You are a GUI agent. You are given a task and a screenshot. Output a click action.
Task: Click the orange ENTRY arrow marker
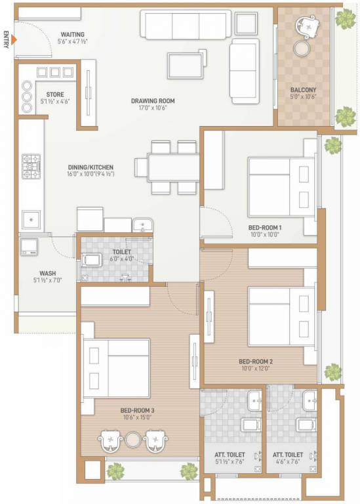pos(13,41)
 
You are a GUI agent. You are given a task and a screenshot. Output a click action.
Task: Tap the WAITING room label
pos(72,34)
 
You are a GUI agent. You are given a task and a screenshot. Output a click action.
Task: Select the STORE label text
pos(55,94)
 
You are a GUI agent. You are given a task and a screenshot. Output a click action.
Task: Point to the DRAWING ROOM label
pos(152,100)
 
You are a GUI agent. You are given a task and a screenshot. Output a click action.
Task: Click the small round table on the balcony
pos(302,49)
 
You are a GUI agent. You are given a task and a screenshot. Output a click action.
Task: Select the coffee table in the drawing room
pos(186,66)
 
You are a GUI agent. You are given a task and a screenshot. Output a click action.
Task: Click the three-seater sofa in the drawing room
pos(185,24)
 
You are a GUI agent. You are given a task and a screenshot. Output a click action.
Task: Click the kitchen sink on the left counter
pos(30,219)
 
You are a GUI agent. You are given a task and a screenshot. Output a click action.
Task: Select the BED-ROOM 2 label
pos(255,361)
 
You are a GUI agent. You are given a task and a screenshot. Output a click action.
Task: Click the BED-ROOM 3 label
pos(138,410)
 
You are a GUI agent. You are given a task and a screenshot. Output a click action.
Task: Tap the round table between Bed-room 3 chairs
pos(134,440)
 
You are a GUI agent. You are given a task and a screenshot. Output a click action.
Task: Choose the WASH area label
pos(47,274)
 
